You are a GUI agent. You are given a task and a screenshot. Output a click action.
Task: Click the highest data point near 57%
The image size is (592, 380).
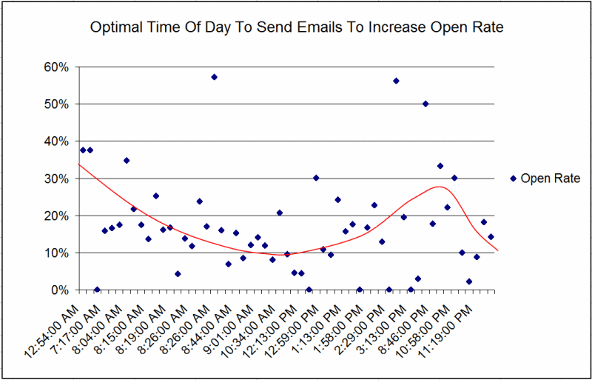pyautogui.click(x=214, y=77)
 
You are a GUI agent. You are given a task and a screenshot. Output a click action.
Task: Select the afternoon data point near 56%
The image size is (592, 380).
pyautogui.click(x=396, y=81)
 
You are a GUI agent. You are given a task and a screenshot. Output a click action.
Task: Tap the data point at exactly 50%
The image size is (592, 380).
pyautogui.click(x=425, y=104)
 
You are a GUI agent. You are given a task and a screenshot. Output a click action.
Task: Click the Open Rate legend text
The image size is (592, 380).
pyautogui.click(x=551, y=178)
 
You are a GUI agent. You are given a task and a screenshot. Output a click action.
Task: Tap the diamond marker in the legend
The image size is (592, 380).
pyautogui.click(x=514, y=178)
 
